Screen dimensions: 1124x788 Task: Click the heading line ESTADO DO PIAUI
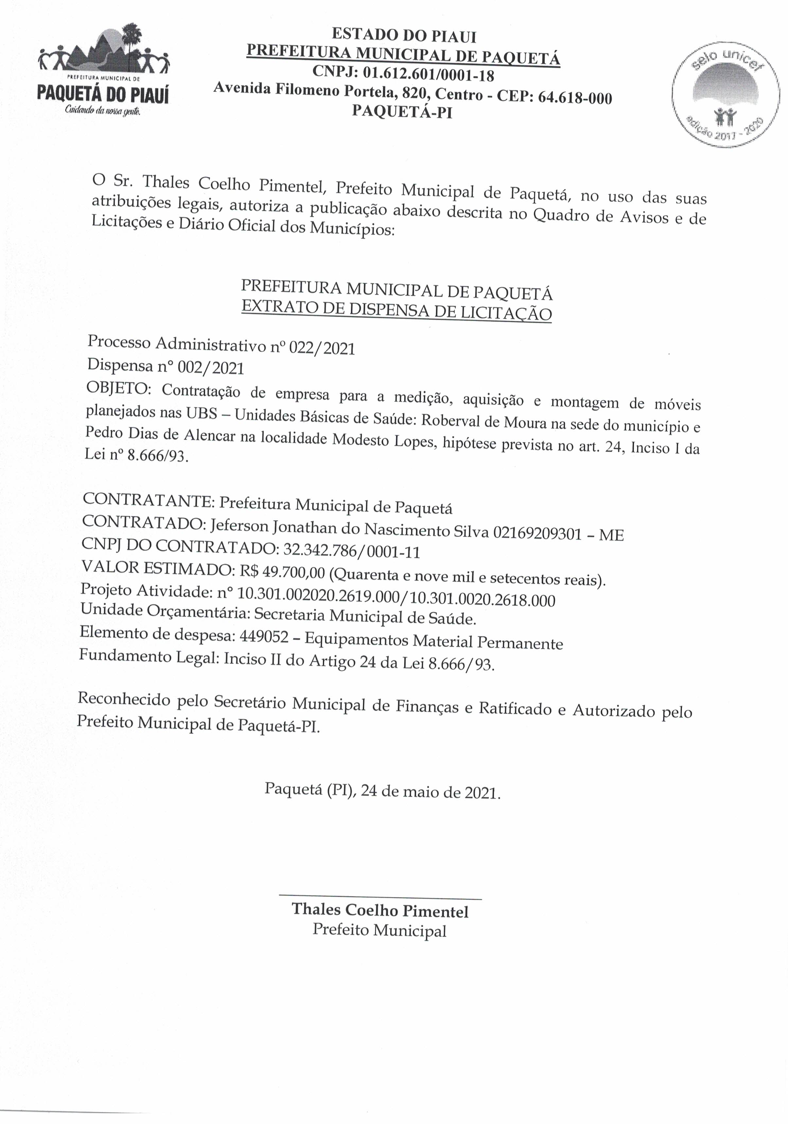pyautogui.click(x=404, y=35)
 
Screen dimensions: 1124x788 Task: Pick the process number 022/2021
pyautogui.click(x=322, y=348)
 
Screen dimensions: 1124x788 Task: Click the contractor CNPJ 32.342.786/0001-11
pyautogui.click(x=352, y=552)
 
